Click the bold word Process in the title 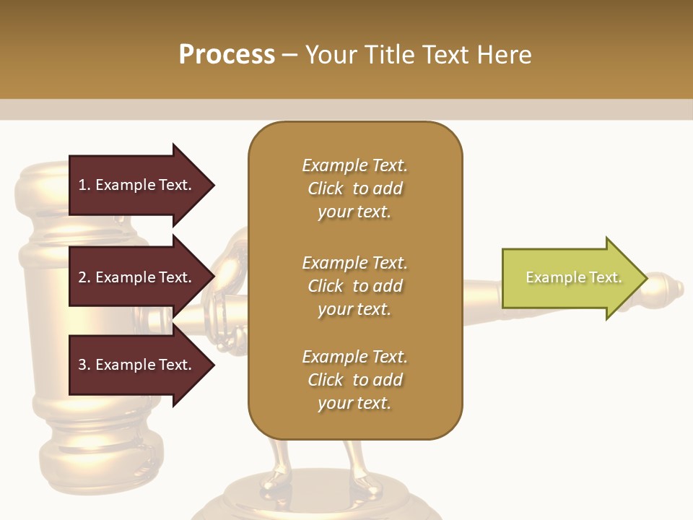pos(227,55)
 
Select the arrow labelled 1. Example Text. pos(137,186)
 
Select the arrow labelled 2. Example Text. pos(137,277)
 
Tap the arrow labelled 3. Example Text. pos(137,365)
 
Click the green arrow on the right pos(570,278)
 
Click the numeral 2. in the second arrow pos(84,277)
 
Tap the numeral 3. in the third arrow pos(84,365)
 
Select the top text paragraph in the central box pos(354,188)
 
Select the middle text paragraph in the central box pos(354,286)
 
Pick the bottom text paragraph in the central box pos(354,380)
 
